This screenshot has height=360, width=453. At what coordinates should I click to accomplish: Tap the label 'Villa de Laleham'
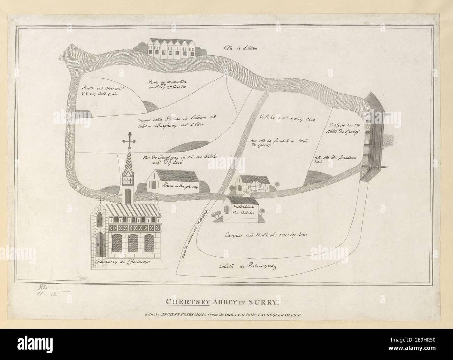point(240,48)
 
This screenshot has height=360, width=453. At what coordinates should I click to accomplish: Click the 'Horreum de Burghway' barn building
point(173,181)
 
